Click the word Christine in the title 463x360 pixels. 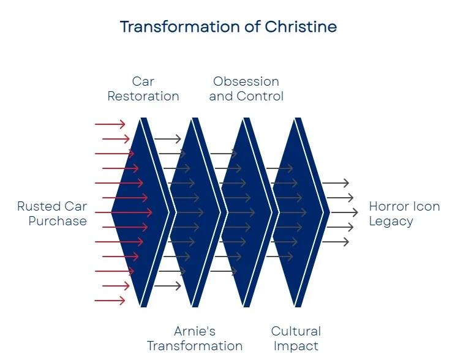pyautogui.click(x=300, y=27)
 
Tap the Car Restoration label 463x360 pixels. pyautogui.click(x=143, y=89)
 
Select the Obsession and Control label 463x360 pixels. pyautogui.click(x=246, y=89)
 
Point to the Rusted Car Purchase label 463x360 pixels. pyautogui.click(x=52, y=214)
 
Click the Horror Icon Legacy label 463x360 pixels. pyautogui.click(x=404, y=214)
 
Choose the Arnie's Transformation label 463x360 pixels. pyautogui.click(x=195, y=339)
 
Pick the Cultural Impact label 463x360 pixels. pyautogui.click(x=296, y=339)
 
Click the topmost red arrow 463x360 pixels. pyautogui.click(x=110, y=124)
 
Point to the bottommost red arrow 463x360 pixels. pyautogui.click(x=110, y=301)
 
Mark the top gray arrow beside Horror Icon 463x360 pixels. pyautogui.click(x=336, y=183)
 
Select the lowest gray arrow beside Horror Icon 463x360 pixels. pyautogui.click(x=336, y=242)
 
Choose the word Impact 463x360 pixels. pyautogui.click(x=296, y=346)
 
